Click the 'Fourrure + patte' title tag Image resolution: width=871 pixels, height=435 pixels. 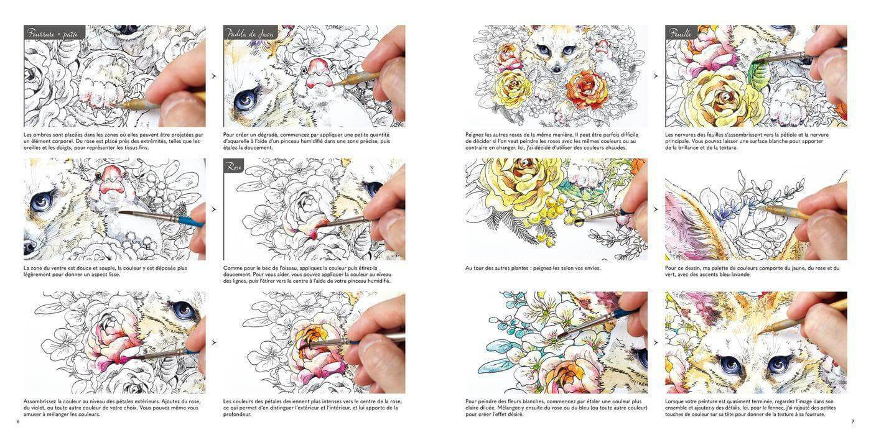coord(54,32)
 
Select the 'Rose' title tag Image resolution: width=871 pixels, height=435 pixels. coord(234,166)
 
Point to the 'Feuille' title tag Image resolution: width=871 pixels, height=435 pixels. coord(681,32)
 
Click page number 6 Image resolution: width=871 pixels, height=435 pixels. coord(17,421)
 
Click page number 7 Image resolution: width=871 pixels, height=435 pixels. coord(852,421)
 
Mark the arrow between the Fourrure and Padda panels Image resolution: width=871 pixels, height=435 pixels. coord(214,76)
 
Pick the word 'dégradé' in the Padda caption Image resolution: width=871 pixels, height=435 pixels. coord(266,135)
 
